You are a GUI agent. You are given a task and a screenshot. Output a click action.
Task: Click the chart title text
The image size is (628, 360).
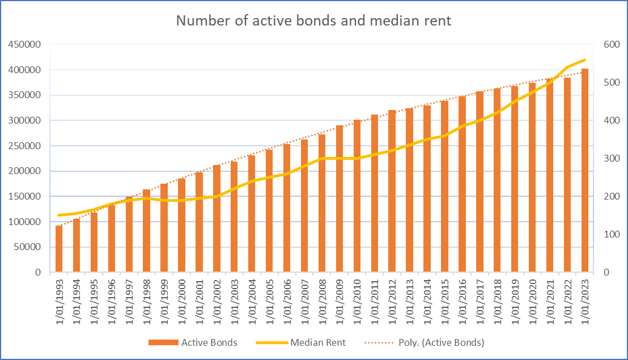coord(313,21)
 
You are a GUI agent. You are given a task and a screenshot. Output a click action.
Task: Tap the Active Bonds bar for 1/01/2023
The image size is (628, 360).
coord(585,170)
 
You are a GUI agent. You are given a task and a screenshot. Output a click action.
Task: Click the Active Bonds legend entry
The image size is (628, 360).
coord(193,342)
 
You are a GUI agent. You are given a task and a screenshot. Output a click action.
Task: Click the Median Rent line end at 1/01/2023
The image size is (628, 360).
coord(585,60)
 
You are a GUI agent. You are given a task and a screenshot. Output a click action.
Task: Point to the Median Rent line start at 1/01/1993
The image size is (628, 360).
coord(59,215)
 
